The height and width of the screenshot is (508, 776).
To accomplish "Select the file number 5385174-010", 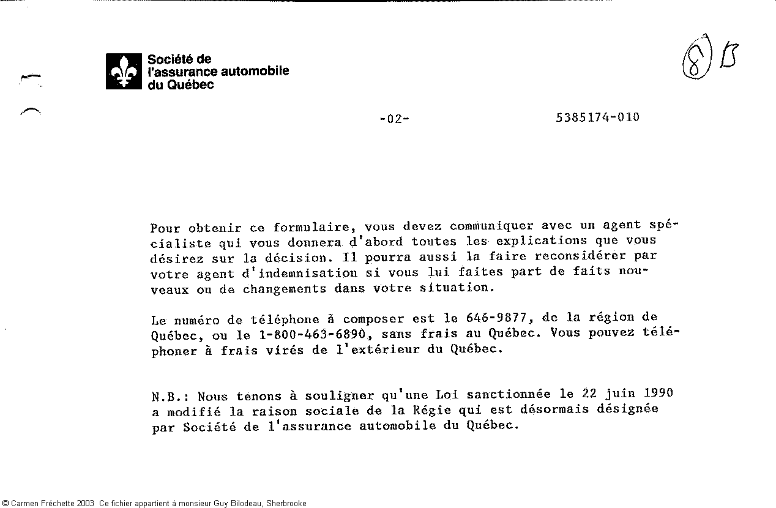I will coord(597,118).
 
